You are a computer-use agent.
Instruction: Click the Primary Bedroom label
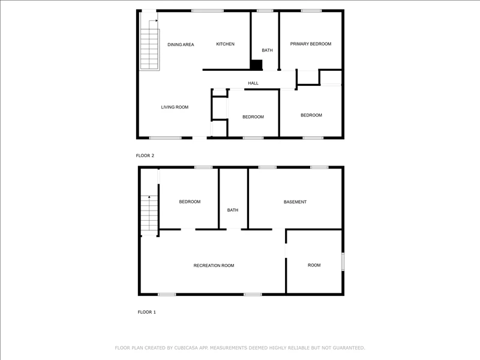[311, 44]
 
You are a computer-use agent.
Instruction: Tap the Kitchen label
[226, 44]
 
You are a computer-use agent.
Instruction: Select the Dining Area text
[181, 44]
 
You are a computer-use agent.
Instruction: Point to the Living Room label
[175, 107]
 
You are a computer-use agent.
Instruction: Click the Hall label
[253, 83]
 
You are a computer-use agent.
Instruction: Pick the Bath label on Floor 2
[267, 50]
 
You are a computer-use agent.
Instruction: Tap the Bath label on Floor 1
[233, 210]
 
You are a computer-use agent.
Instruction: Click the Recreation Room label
[214, 266]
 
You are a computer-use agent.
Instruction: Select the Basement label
[295, 202]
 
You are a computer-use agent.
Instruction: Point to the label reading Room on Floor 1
[314, 265]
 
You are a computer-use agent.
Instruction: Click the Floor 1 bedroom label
[190, 202]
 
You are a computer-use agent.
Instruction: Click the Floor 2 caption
[145, 155]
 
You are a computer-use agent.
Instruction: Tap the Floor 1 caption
[146, 312]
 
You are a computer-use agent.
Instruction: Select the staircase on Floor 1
[149, 213]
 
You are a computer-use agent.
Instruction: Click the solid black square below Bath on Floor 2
[257, 65]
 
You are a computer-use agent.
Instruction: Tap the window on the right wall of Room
[343, 262]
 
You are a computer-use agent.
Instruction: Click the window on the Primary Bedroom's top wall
[311, 11]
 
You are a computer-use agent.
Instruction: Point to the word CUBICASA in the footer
[186, 348]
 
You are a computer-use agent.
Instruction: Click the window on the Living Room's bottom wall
[166, 138]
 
